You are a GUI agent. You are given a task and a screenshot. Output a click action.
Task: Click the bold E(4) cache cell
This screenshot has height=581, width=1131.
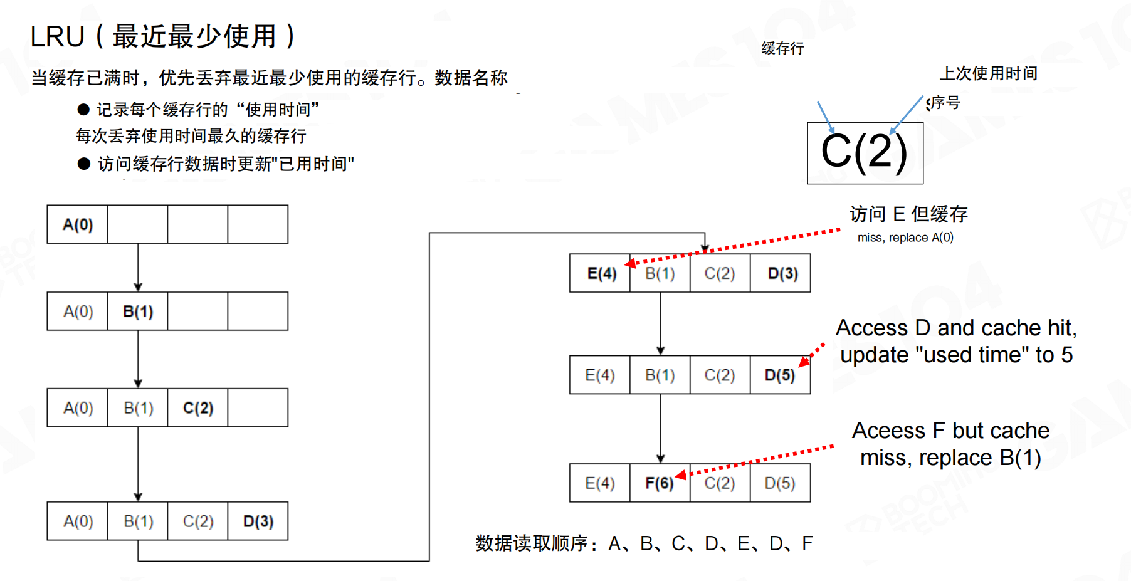pos(601,274)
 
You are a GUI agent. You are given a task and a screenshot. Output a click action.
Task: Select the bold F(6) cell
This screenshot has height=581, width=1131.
pos(659,483)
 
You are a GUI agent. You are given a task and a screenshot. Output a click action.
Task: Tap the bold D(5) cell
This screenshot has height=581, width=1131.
pos(779,375)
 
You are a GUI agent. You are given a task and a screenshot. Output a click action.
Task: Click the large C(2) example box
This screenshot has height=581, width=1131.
pos(865,153)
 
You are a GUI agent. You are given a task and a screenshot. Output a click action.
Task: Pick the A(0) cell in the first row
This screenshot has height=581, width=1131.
pos(78,224)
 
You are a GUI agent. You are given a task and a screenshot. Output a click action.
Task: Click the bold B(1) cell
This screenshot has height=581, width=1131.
pos(138,311)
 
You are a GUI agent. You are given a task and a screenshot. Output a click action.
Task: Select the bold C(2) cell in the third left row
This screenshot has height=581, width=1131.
pos(198,408)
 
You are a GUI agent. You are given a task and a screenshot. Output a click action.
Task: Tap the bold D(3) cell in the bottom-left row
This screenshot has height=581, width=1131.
pos(258,521)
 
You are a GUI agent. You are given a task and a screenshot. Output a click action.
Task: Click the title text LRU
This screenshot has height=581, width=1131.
pos(57,37)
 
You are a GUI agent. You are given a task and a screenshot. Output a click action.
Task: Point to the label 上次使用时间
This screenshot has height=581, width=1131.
pos(988,74)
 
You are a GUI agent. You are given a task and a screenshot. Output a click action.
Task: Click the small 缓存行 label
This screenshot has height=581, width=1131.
pos(782,49)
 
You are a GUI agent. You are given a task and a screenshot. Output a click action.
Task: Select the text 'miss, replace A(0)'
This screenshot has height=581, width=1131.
pos(905,238)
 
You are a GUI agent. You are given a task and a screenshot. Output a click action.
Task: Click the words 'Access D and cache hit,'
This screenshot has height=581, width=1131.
pos(956,328)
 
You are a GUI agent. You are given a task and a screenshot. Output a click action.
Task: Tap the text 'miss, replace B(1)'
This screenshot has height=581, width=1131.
pos(950,458)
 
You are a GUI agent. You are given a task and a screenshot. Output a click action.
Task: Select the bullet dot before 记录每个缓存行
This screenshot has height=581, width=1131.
pos(83,110)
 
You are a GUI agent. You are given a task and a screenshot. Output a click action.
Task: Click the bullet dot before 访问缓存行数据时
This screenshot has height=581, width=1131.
pos(84,164)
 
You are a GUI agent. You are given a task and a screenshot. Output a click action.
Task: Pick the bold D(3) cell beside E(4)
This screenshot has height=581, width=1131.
pos(782,274)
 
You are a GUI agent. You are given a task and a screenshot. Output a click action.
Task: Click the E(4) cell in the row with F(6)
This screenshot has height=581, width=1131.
pos(599,483)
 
